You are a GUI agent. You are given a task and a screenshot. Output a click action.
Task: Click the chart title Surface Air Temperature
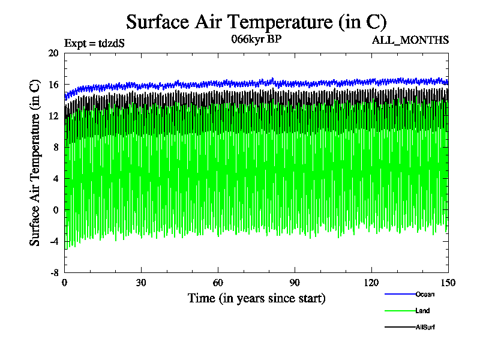256,22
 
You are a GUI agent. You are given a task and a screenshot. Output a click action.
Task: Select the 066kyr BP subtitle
256,40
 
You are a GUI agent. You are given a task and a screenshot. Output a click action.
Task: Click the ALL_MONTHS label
419,40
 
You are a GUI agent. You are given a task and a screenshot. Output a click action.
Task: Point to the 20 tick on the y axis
53,53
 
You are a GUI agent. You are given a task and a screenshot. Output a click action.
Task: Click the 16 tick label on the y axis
53,85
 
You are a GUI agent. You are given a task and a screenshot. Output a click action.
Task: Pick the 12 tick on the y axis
53,116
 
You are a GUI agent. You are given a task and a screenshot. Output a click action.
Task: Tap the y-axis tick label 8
56,147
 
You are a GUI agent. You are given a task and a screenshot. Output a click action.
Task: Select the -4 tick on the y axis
53,241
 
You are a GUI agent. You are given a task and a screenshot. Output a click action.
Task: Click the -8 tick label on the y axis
53,272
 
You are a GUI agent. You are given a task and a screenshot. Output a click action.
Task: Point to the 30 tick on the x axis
142,283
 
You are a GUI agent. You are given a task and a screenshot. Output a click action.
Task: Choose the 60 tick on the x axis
218,283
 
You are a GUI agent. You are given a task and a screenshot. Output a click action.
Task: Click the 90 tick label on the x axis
295,283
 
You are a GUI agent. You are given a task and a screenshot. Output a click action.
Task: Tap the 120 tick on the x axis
371,283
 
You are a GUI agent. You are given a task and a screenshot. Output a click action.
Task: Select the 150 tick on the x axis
448,283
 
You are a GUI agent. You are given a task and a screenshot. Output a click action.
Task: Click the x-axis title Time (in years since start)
256,298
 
